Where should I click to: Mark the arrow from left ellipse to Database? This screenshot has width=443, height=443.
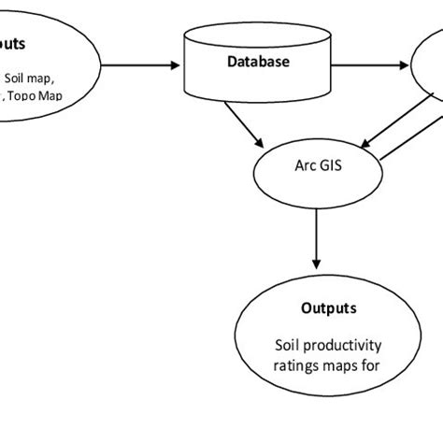click(140, 65)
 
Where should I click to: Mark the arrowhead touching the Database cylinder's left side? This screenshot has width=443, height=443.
click(177, 65)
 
